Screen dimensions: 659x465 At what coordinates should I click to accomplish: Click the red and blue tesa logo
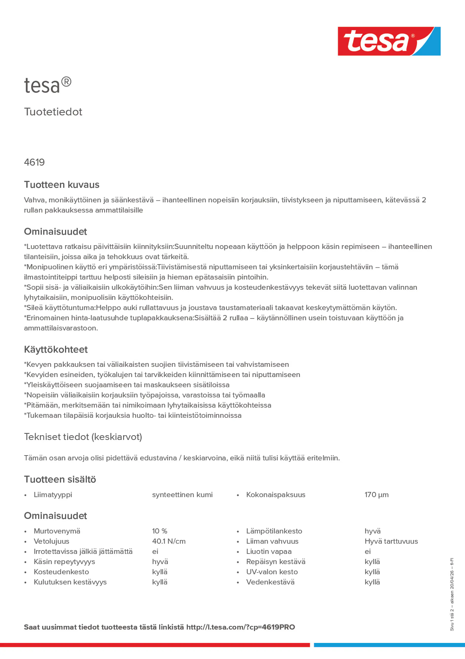[x=389, y=41]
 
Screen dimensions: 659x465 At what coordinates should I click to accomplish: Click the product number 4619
[x=34, y=162]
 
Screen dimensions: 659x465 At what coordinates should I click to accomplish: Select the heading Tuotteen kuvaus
[x=62, y=185]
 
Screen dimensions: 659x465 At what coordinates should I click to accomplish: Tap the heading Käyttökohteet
[x=56, y=350]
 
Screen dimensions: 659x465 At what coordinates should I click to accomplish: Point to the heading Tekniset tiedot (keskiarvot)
[x=83, y=437]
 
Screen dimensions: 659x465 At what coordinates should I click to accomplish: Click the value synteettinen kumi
[x=182, y=495]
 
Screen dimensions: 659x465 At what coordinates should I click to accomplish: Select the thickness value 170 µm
[x=377, y=495]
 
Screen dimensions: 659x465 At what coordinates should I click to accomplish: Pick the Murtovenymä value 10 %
[x=160, y=531]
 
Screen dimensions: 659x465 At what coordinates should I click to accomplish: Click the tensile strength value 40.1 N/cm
[x=169, y=541]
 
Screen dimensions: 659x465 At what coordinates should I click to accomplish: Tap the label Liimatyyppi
[x=53, y=495]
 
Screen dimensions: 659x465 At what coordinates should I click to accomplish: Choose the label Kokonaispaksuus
[x=276, y=495]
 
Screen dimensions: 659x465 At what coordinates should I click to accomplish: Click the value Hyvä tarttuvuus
[x=391, y=541]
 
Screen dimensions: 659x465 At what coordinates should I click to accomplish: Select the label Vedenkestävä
[x=270, y=582]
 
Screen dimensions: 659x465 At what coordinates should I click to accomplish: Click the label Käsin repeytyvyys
[x=64, y=562]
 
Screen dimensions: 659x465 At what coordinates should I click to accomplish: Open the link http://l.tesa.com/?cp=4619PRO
[x=241, y=627]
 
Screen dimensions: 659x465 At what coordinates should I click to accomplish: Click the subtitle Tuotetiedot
[x=53, y=112]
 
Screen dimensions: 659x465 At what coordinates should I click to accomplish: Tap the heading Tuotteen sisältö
[x=60, y=479]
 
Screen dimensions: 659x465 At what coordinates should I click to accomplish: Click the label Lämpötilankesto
[x=274, y=531]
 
